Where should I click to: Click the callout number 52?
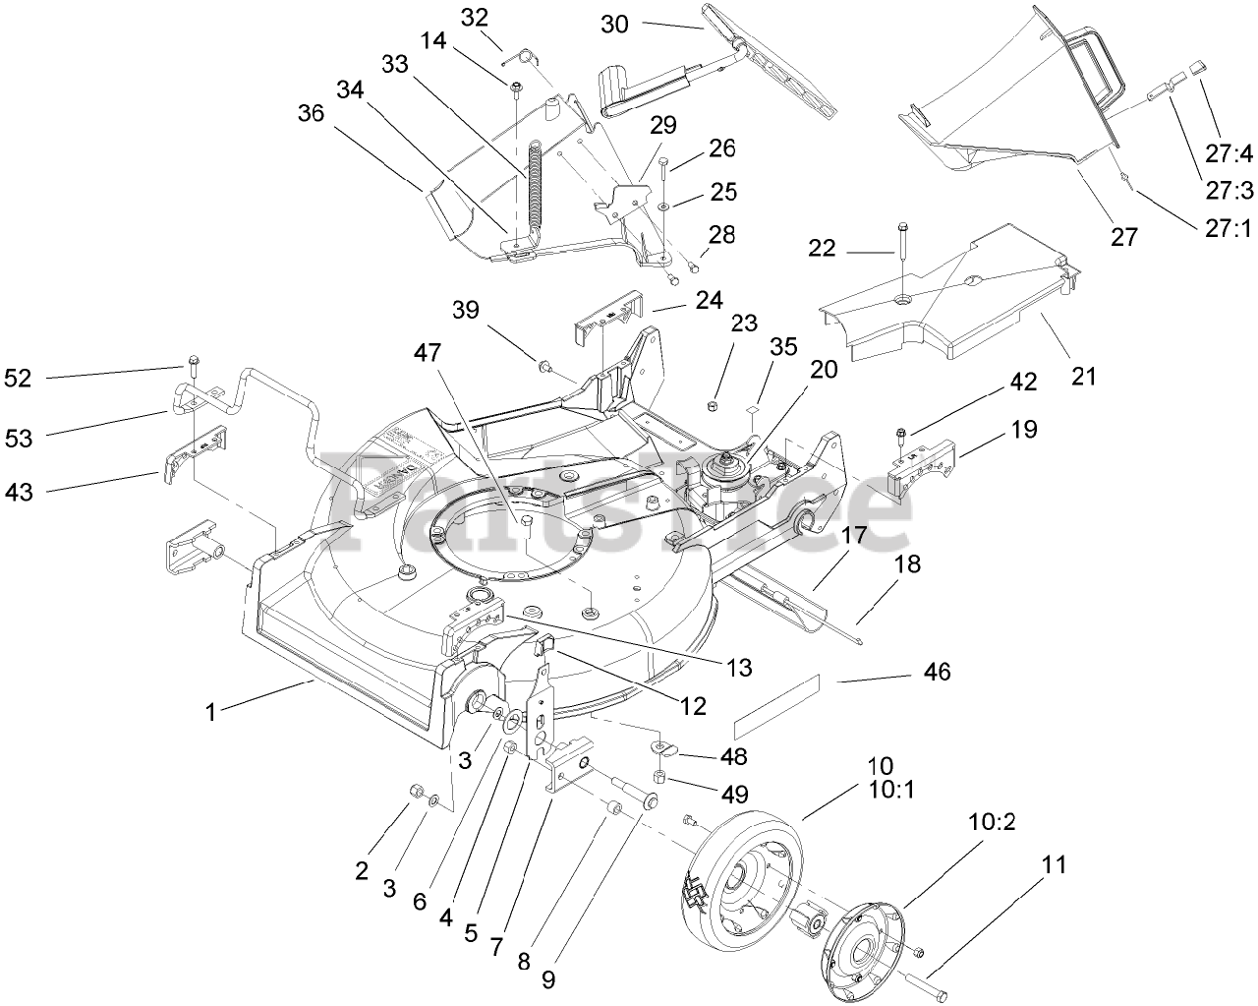point(19,377)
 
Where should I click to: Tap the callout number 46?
point(937,673)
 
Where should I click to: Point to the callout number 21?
point(1082,377)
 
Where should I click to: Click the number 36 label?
point(311,114)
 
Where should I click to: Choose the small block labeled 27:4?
point(1198,69)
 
